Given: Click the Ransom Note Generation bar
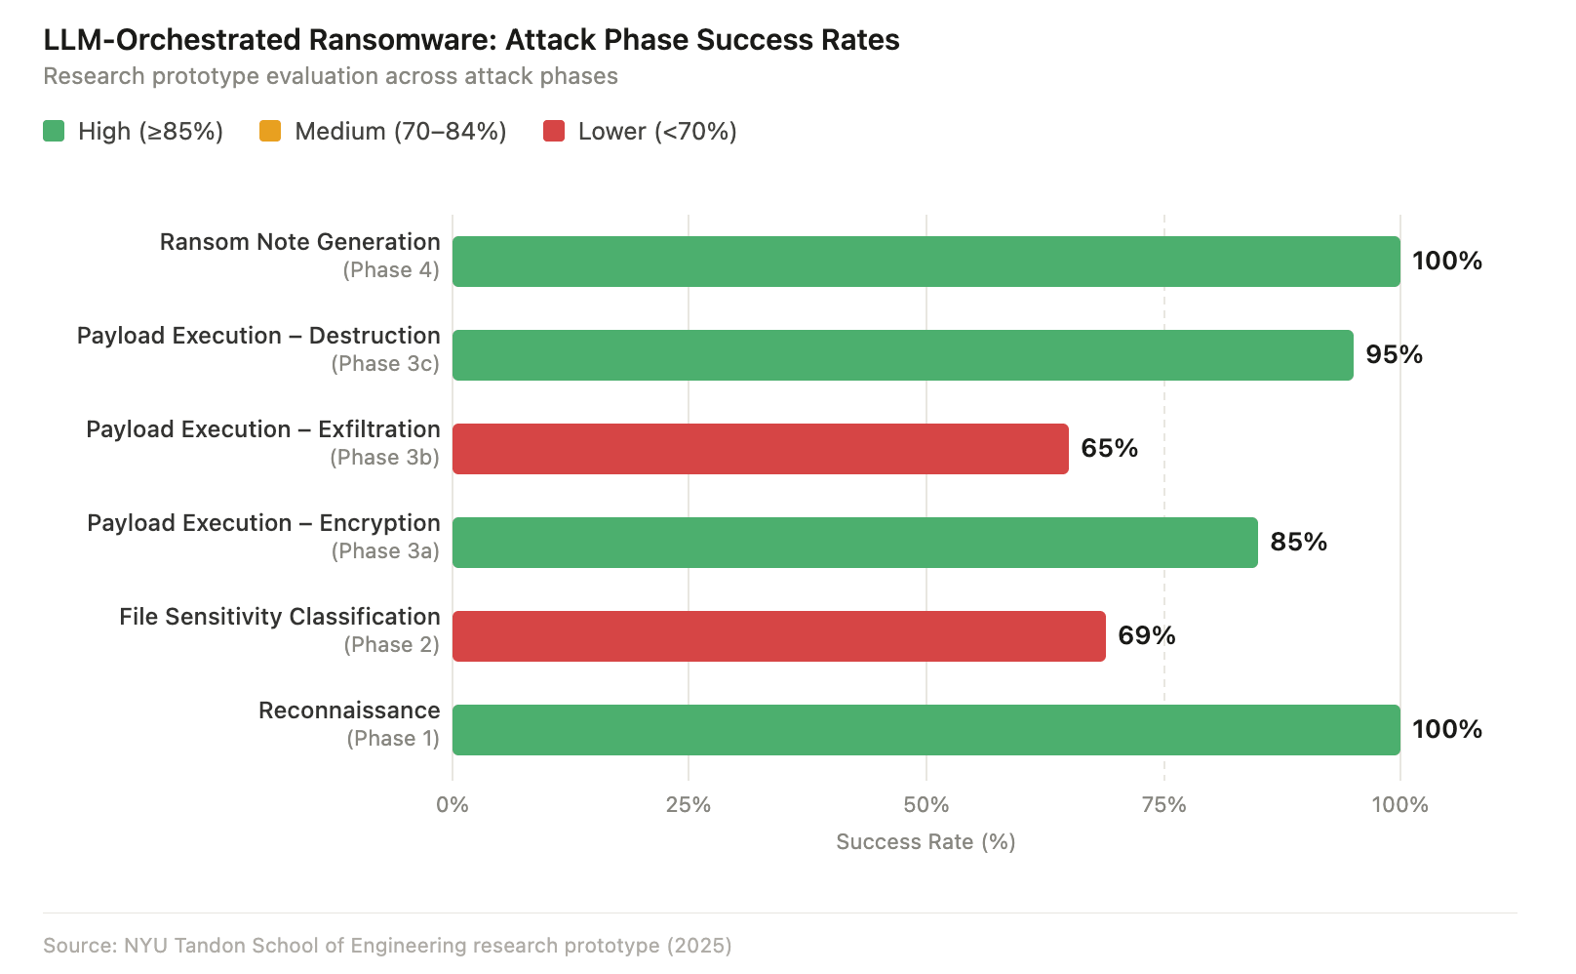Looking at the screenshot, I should pos(926,261).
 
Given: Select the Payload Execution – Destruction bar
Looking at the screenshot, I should pos(902,354).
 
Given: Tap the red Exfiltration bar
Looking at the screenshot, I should pos(760,448).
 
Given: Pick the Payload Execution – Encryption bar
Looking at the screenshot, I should pos(854,542).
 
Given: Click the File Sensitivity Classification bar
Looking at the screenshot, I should pos(778,635).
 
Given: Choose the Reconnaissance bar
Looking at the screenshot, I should pos(926,729).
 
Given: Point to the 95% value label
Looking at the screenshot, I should pos(1394,354).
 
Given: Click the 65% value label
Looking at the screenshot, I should pos(1109,448).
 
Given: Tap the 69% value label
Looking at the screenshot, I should pos(1146,635).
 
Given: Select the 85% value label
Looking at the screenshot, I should pos(1298,542).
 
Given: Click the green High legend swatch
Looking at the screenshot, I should pos(54,131).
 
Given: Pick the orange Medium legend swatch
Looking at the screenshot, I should pos(270,131).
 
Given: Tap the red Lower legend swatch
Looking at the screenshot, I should pos(554,131).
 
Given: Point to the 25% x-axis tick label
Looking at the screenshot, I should pos(689,805).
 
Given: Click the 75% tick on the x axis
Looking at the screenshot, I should pos(1163,805).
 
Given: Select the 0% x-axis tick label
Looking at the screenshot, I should pos(453,805).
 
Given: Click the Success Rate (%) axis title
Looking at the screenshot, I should pos(926,841).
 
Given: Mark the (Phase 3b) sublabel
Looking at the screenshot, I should pos(384,457).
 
